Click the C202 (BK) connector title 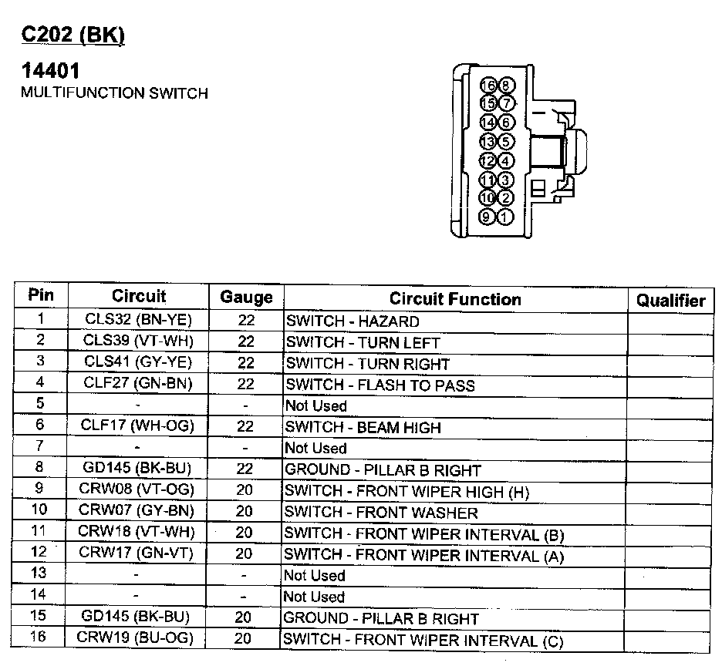[x=72, y=35]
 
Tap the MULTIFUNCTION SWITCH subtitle [x=114, y=93]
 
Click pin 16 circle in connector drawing [x=488, y=85]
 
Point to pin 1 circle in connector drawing [x=506, y=217]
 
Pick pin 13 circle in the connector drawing [x=488, y=142]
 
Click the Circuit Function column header [x=454, y=299]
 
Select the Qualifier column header [x=670, y=301]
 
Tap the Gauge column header [x=246, y=298]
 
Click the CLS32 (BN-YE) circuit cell [x=138, y=319]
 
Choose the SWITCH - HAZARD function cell [x=353, y=321]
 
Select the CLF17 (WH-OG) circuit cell [x=138, y=425]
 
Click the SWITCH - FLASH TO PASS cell [x=380, y=385]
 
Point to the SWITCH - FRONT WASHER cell [x=382, y=512]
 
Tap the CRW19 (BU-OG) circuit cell [x=135, y=637]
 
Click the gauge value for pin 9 [x=245, y=490]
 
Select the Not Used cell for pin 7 [x=316, y=448]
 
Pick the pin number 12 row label [x=40, y=551]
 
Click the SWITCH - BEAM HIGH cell [x=363, y=427]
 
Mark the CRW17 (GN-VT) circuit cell [x=136, y=552]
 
